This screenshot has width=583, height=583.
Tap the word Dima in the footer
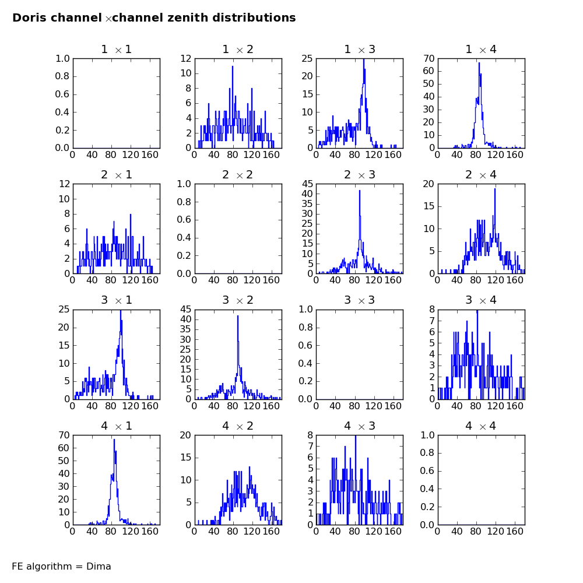click(x=99, y=566)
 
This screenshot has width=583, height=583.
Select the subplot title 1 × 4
click(x=481, y=50)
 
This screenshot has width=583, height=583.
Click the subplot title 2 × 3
click(x=360, y=175)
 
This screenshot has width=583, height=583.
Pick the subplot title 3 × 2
click(x=238, y=300)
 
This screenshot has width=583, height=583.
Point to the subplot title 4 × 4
click(x=481, y=426)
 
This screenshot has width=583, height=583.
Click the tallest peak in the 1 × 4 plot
click(x=479, y=62)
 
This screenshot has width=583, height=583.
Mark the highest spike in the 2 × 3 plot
click(x=360, y=191)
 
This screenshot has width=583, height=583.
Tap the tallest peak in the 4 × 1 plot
click(x=114, y=440)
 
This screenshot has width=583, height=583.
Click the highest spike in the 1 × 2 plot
click(x=233, y=66)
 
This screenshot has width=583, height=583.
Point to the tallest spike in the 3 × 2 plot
click(x=238, y=316)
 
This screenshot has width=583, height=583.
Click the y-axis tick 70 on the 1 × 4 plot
click(x=429, y=58)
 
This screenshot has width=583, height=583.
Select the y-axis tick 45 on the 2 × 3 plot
click(x=307, y=184)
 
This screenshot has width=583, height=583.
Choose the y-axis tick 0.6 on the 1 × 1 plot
click(x=62, y=94)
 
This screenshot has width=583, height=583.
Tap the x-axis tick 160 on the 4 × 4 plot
click(x=515, y=531)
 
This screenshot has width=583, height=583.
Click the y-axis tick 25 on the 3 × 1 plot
click(x=64, y=310)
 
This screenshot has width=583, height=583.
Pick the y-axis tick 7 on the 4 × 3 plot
click(x=310, y=446)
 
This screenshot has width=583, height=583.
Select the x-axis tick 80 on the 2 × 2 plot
click(x=233, y=280)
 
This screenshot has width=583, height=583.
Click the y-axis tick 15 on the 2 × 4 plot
click(x=429, y=206)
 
